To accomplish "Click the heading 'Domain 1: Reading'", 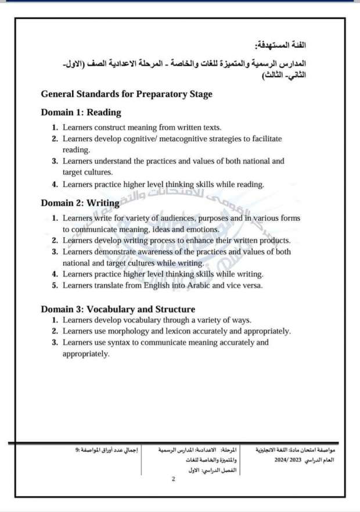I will coord(81,113).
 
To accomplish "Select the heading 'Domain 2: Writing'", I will coord(80,203).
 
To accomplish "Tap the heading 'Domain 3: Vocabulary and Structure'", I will coord(118,309).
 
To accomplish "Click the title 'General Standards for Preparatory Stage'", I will coord(127,94).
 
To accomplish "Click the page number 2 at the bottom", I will coord(174,479).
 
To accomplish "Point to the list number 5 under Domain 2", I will coord(54,285).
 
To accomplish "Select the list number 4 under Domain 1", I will coord(54,184).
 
